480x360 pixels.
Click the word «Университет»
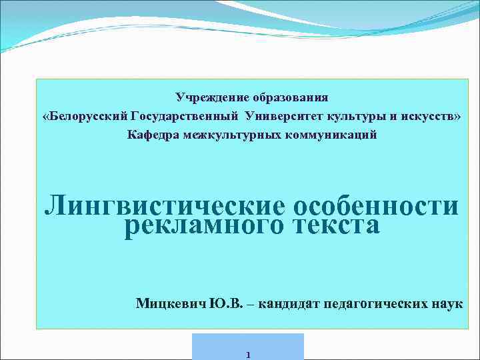click(x=284, y=117)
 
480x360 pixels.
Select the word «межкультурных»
click(x=235, y=135)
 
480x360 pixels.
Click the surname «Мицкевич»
click(x=171, y=304)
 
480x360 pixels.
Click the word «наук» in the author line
click(x=447, y=304)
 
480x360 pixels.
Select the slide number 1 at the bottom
click(x=247, y=355)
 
